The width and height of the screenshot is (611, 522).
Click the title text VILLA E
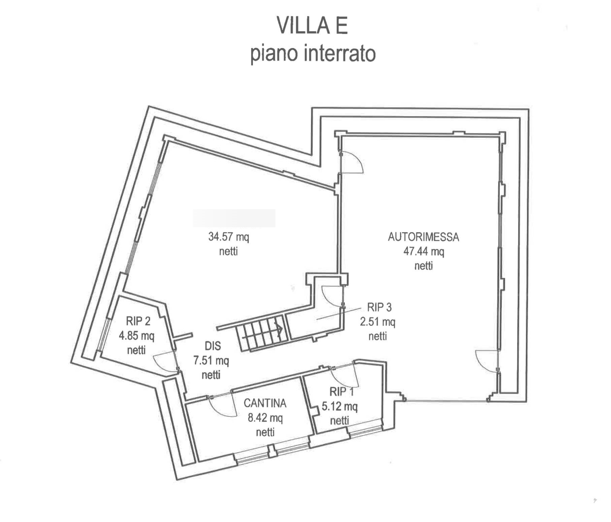(312, 26)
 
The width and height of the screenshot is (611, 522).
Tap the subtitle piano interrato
(313, 54)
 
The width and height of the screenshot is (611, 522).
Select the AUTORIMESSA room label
(423, 237)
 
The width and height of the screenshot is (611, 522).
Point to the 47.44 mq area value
(423, 252)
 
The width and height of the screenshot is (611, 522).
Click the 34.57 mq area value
(228, 237)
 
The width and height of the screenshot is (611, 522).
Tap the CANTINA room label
(265, 403)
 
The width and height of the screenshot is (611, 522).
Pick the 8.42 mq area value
(265, 418)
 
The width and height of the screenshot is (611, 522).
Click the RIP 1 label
(342, 392)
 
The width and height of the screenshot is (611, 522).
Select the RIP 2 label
(138, 321)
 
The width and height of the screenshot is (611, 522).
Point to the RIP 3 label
(379, 307)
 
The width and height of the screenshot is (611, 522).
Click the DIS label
(213, 346)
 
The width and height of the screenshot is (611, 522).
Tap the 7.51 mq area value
(211, 361)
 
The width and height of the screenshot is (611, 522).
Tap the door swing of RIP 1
(345, 376)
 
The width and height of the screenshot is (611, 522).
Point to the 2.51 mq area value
(377, 322)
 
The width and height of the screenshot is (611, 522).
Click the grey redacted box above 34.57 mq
(234, 218)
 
